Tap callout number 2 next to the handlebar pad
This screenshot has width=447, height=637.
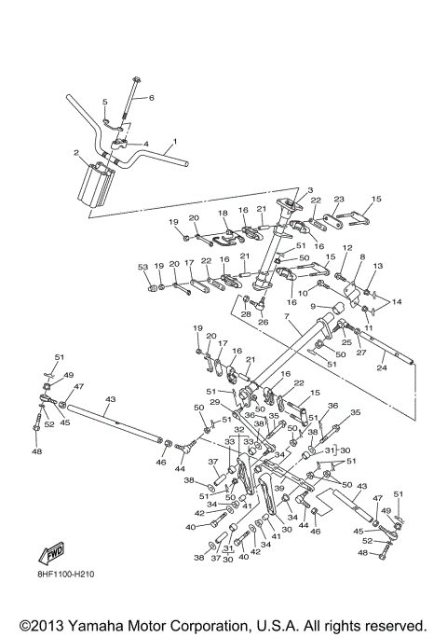[76, 152]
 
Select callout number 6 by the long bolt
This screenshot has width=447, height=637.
[152, 97]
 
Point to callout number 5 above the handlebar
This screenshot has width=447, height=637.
[104, 101]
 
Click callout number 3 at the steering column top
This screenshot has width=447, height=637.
[283, 191]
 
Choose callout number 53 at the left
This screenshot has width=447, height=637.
[142, 267]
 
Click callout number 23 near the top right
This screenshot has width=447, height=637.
[339, 199]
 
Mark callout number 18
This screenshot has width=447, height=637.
[223, 214]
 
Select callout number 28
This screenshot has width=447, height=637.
[246, 314]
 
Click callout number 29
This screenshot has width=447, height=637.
[213, 401]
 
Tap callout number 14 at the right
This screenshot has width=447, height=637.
[398, 303]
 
